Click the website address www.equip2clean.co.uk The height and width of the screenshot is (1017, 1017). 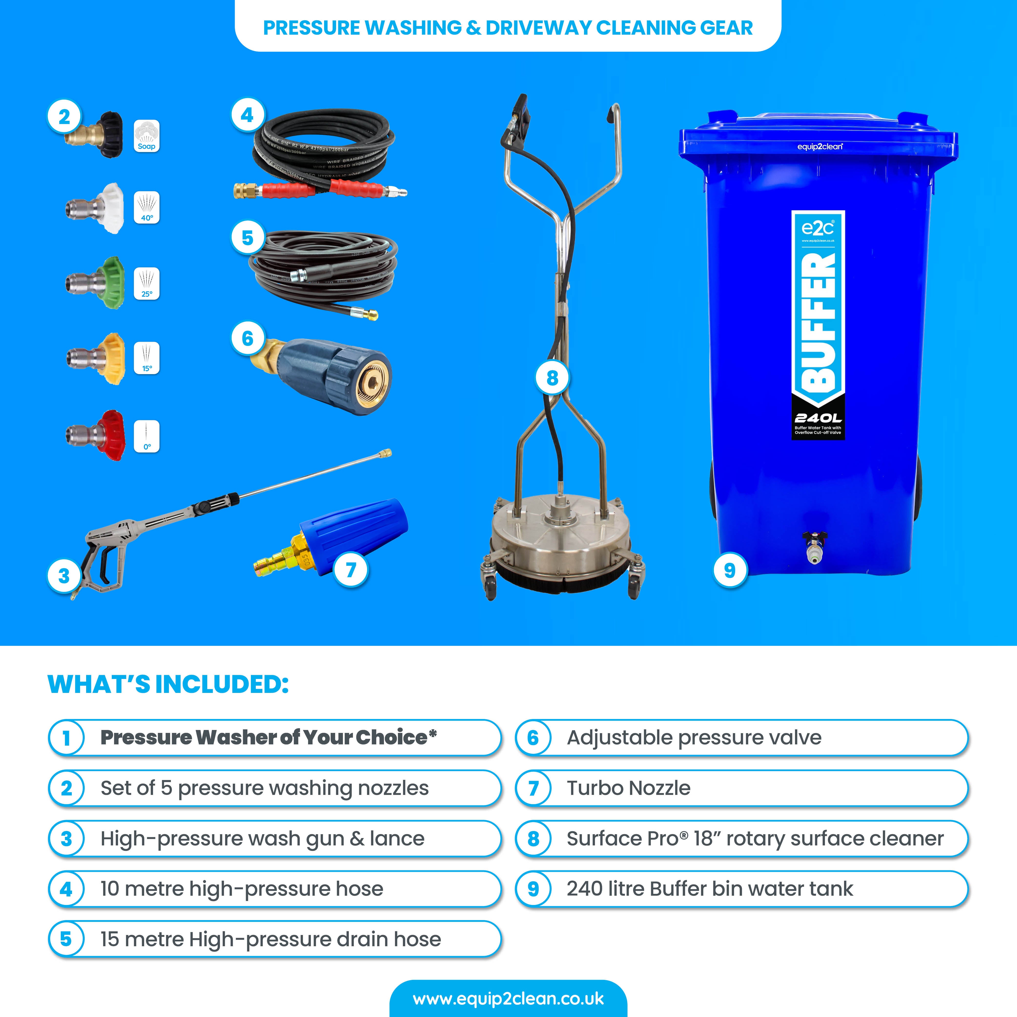508,999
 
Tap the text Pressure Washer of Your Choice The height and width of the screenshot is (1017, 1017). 268,738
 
